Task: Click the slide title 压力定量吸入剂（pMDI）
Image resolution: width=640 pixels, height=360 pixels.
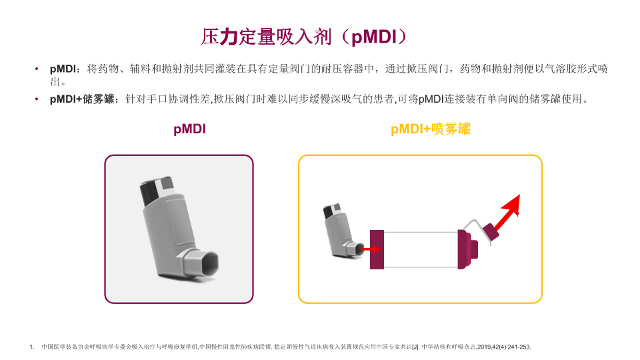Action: pyautogui.click(x=303, y=36)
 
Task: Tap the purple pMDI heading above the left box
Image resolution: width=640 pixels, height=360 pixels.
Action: pyautogui.click(x=189, y=130)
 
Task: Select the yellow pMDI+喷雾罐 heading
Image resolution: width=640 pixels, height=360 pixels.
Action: pyautogui.click(x=431, y=130)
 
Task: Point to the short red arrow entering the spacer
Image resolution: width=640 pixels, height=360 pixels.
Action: pyautogui.click(x=371, y=249)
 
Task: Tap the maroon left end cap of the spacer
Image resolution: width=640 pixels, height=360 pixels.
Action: pyautogui.click(x=377, y=249)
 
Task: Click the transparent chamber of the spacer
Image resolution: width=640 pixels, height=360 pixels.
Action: pyautogui.click(x=421, y=249)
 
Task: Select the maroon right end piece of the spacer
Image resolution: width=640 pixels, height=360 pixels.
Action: pyautogui.click(x=467, y=249)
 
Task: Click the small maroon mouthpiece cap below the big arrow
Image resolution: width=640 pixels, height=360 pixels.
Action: pyautogui.click(x=493, y=232)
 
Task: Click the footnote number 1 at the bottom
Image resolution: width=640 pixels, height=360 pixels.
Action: pyautogui.click(x=31, y=347)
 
